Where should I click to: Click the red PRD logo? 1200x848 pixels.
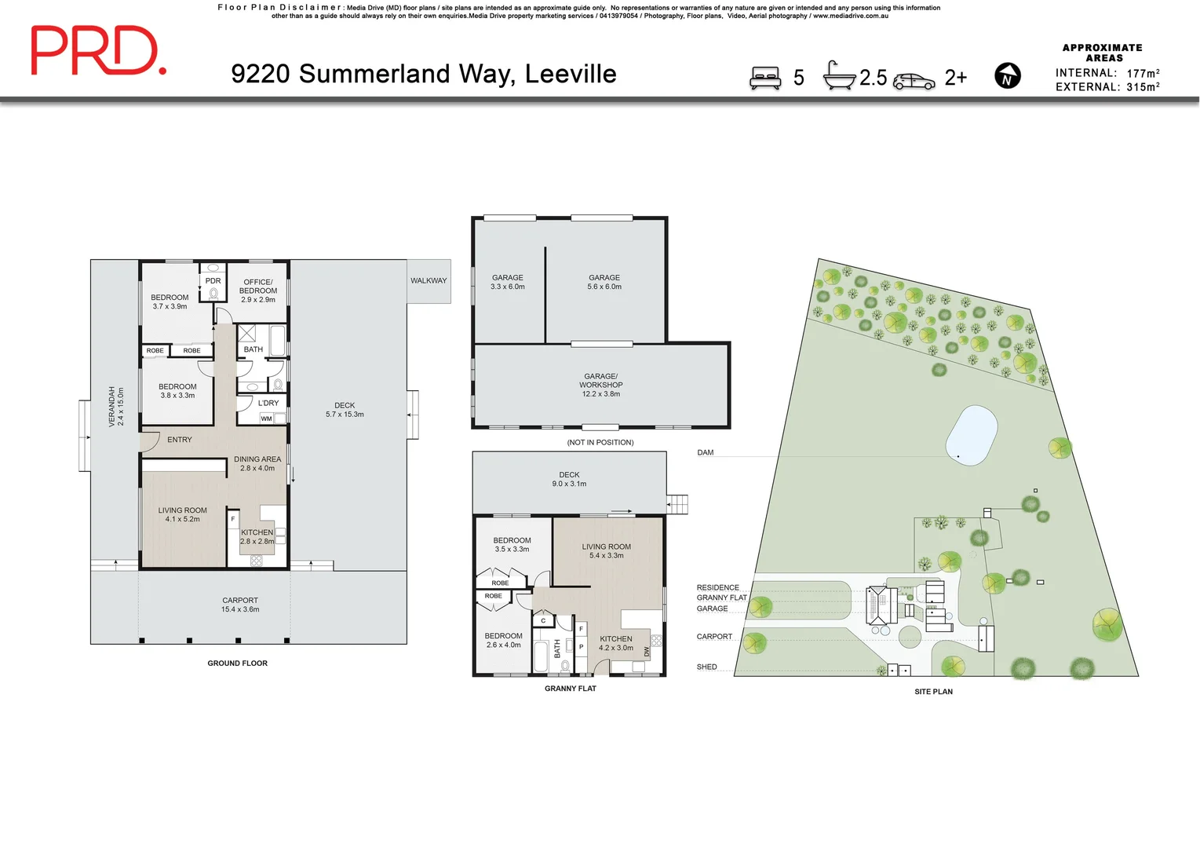pos(97,50)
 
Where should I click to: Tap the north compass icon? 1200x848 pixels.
pos(1007,76)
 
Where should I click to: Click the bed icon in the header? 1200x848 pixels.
pos(765,78)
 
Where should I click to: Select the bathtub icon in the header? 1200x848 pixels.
pos(838,76)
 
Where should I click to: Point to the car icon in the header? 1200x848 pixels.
pos(914,81)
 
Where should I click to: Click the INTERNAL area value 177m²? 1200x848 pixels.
pos(1143,73)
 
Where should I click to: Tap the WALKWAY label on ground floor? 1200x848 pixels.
pos(429,280)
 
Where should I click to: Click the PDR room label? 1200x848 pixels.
pos(213,280)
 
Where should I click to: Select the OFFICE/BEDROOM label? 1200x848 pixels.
pos(258,286)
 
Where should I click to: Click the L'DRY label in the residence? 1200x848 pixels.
pos(268,403)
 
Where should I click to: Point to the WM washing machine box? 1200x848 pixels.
pos(267,419)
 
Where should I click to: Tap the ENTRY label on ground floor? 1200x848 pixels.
pos(179,440)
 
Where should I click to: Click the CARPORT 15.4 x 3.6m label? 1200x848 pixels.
pos(240,605)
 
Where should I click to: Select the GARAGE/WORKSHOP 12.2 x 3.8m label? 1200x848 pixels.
pos(600,385)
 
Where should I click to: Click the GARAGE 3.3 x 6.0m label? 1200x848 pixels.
pos(507,282)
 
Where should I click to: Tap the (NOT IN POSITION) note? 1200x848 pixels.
pos(600,442)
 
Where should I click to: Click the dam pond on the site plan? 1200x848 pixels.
pos(971,434)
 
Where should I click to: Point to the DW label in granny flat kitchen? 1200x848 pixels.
pos(647,652)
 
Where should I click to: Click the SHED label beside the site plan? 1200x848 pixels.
pos(706,667)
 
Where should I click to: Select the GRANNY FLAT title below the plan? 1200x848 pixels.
pos(570,689)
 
